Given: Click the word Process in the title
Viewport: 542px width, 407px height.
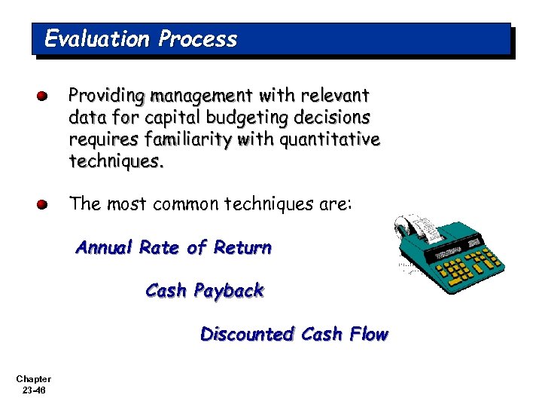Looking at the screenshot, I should (197, 39).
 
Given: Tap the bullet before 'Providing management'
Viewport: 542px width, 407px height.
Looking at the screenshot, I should (44, 96).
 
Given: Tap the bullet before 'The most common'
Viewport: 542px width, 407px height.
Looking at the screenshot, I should (44, 204).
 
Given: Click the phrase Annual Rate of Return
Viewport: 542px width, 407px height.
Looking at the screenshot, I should (173, 247).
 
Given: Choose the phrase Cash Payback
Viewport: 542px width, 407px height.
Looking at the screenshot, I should (204, 290).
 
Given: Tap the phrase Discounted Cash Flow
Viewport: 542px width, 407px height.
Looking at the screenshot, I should (294, 334).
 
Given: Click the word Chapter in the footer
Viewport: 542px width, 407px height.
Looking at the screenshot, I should (33, 379).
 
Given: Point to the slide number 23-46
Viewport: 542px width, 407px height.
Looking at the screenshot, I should (33, 390).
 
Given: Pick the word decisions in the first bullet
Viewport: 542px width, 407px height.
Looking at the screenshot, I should (332, 118).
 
